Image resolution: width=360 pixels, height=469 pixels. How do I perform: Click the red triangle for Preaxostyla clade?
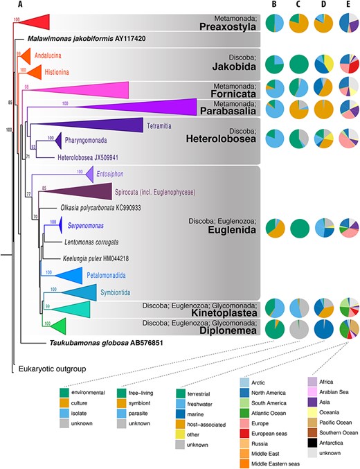(x=33, y=21)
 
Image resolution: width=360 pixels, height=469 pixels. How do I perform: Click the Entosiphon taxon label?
(x=106, y=171)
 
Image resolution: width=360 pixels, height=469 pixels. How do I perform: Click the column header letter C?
(x=296, y=6)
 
